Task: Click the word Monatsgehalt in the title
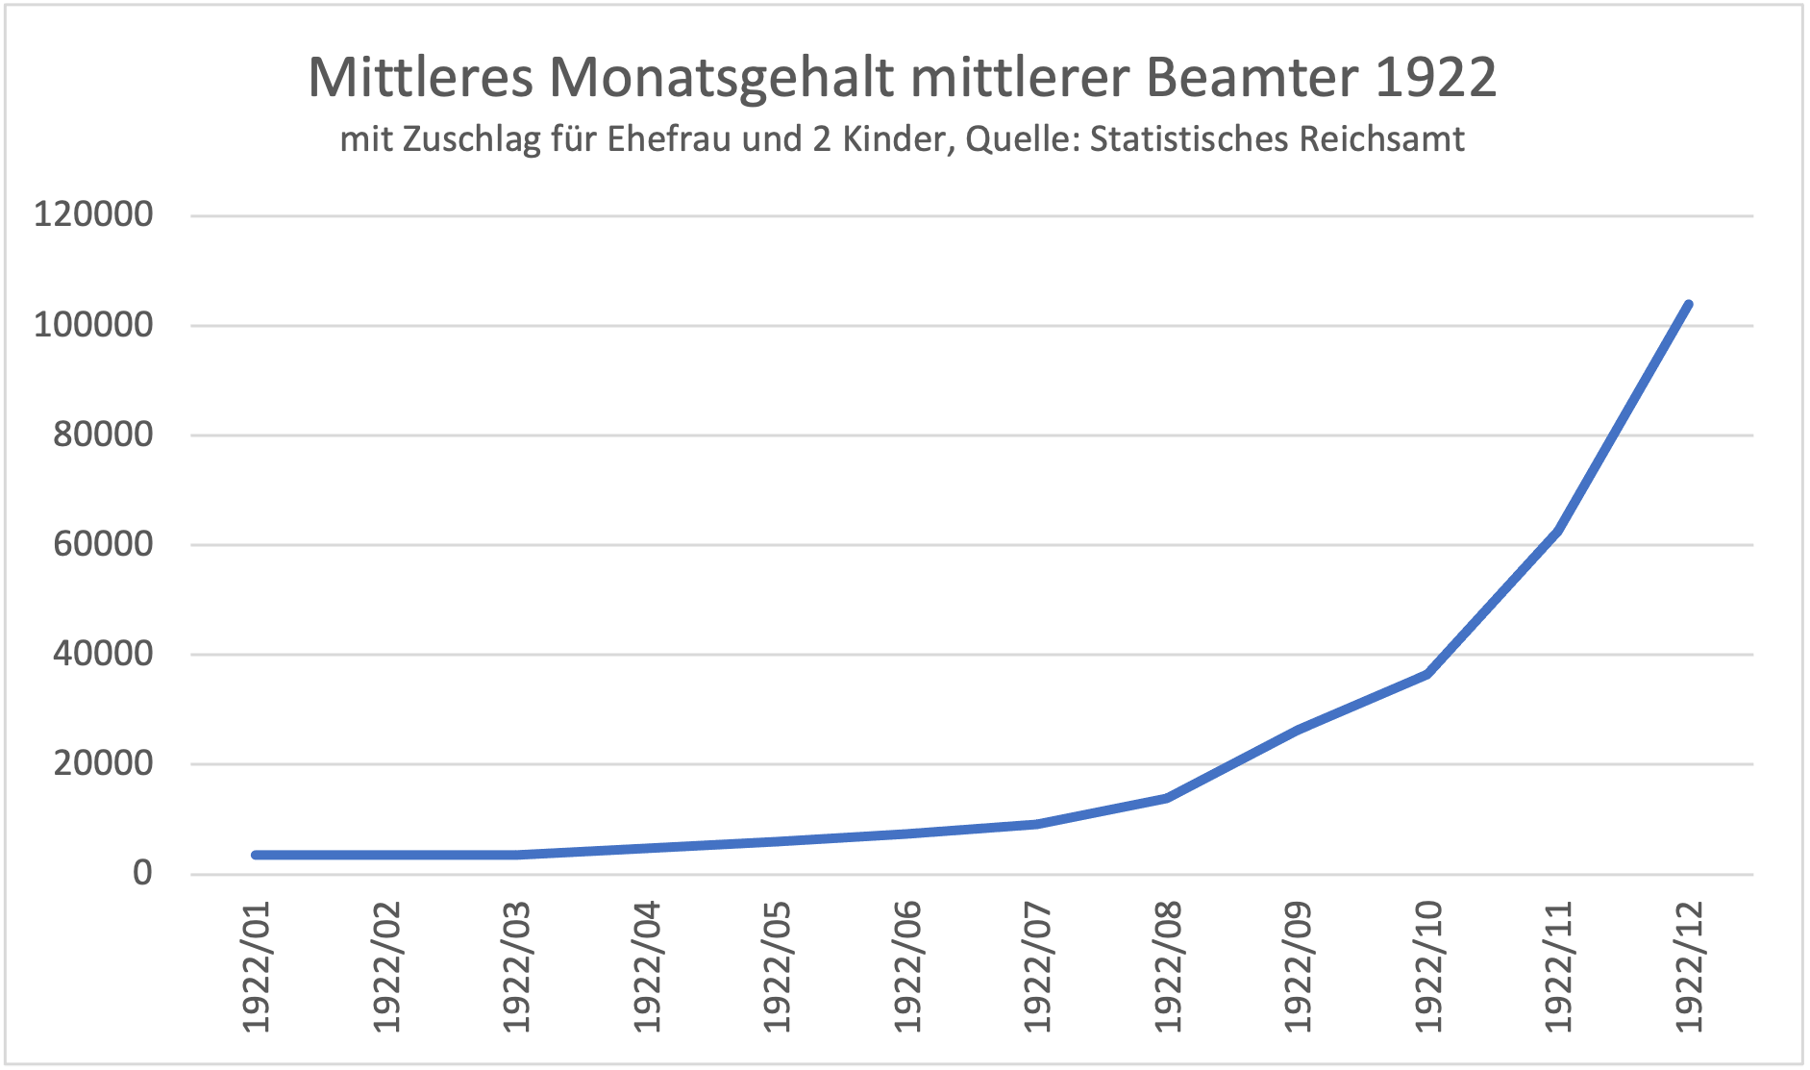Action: click(x=721, y=77)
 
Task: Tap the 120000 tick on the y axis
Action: click(x=93, y=214)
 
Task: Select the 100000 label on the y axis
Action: click(x=93, y=325)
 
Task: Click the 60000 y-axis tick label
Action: click(x=103, y=544)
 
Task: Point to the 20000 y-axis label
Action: click(x=103, y=764)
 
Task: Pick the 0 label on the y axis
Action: click(x=142, y=873)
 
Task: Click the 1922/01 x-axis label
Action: click(x=257, y=966)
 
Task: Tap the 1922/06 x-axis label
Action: click(x=906, y=966)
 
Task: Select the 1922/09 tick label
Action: click(x=1298, y=966)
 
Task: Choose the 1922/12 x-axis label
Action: click(x=1688, y=966)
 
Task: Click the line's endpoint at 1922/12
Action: click(x=1688, y=305)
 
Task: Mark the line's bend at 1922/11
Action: click(x=1557, y=530)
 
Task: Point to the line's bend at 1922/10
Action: click(x=1427, y=674)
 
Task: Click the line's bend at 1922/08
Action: click(x=1167, y=798)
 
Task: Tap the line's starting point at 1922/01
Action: click(x=257, y=855)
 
